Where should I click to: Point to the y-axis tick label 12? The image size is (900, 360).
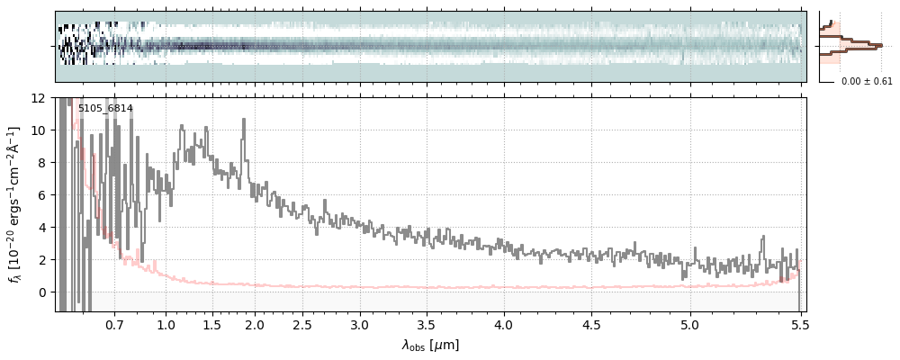[39, 97]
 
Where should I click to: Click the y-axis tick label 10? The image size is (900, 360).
[39, 130]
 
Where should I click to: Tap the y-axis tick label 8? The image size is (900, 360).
[41, 162]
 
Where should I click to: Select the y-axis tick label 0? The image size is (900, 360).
[41, 292]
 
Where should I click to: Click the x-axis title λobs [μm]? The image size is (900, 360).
[430, 345]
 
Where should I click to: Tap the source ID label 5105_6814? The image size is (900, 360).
[105, 109]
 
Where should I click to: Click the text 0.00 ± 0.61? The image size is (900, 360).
[867, 82]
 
